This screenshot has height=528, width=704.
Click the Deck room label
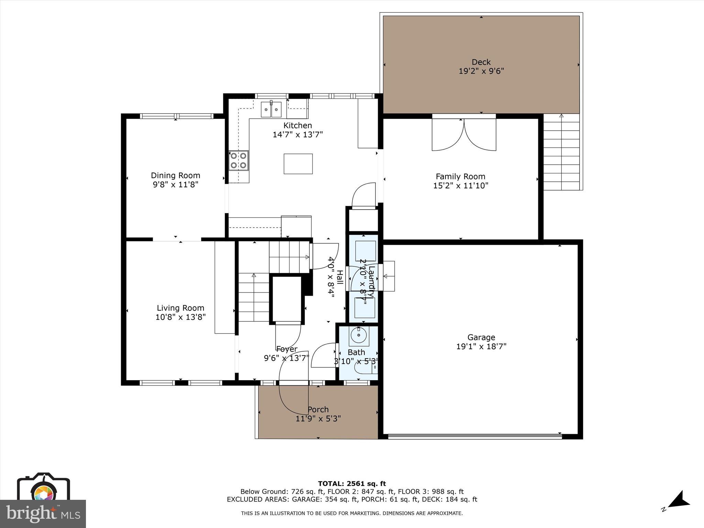coord(481,62)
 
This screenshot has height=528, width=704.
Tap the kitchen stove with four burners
coord(239,161)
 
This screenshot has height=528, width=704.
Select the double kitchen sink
coord(271,109)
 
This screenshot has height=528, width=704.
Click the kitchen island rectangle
coord(298,164)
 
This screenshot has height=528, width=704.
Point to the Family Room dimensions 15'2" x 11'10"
coord(461,186)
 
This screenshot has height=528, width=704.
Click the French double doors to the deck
coord(464,135)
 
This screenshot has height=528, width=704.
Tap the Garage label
coord(481,337)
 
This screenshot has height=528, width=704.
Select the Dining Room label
coord(175,176)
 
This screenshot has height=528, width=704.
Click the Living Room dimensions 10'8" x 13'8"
coord(180,317)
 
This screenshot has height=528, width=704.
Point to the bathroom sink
coord(359,335)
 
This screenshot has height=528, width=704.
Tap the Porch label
coord(318,409)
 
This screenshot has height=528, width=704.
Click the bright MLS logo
coord(43,514)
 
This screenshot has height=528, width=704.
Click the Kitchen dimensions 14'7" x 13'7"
coord(298,134)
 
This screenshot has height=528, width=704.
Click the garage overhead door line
coord(474,437)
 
